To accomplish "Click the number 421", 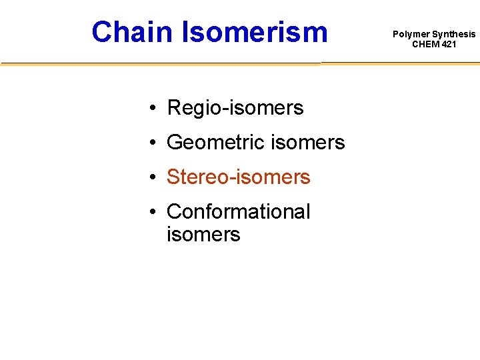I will point(449,44).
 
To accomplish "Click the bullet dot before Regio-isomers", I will point(153,108).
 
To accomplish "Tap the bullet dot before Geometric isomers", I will point(153,143).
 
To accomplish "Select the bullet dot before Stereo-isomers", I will point(153,177).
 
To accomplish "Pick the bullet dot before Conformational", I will point(153,212).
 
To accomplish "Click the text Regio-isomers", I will point(235,107).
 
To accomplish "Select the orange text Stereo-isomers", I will point(238,177).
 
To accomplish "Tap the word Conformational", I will point(238,211).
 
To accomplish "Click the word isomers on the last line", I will point(203,234).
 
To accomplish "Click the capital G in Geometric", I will point(175,142).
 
